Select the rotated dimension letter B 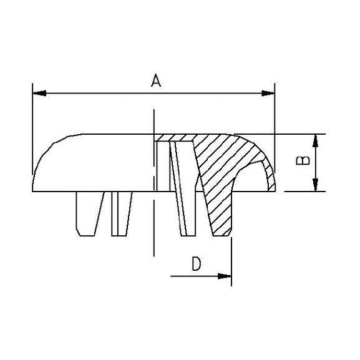(302, 162)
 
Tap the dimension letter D (196, 264)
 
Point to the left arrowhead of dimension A (39, 94)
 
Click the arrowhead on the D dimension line (224, 275)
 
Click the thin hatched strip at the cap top (178, 137)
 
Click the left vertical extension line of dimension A (31, 131)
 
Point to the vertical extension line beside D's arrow (231, 262)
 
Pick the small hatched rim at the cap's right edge (270, 178)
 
